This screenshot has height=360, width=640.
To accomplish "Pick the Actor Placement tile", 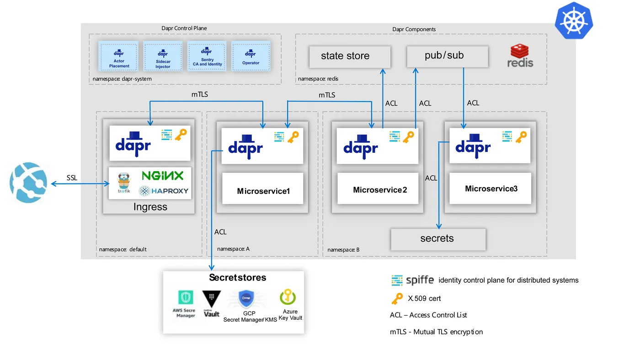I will click(x=119, y=56).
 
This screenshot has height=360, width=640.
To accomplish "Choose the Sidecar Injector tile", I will click(x=163, y=56).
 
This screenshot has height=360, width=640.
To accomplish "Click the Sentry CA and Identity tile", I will click(x=207, y=56).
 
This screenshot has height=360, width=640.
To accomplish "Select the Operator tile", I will click(x=251, y=56).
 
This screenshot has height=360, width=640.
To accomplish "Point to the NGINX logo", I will click(x=163, y=176).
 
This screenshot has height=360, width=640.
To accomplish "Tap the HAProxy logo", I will click(x=164, y=191).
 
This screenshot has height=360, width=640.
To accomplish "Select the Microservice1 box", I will click(x=263, y=188).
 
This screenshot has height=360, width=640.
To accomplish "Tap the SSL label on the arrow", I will click(x=72, y=177).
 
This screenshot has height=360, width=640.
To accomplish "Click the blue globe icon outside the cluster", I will click(x=28, y=182).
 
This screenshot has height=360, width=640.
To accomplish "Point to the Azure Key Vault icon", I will click(x=288, y=298).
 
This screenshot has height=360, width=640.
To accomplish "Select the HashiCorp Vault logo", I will click(x=211, y=303).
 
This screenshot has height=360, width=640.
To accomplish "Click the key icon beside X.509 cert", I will click(x=397, y=299).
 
